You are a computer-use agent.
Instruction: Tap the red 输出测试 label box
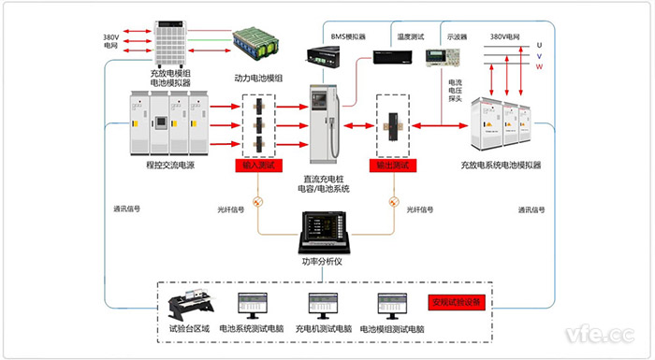pos(395,165)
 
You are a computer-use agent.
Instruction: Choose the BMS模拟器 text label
pos(348,36)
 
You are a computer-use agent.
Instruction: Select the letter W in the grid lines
pos(539,65)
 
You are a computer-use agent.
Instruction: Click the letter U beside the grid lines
pos(539,44)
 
